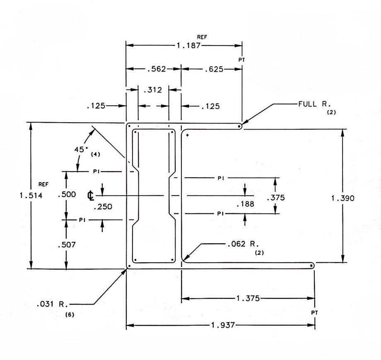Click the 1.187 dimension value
[188, 46]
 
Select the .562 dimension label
[157, 69]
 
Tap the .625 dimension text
[214, 70]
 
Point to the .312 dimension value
[152, 90]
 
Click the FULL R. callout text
[315, 104]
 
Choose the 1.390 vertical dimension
[342, 198]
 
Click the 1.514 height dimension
[31, 196]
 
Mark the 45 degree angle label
[81, 150]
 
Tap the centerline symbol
[91, 196]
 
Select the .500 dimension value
[67, 194]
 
